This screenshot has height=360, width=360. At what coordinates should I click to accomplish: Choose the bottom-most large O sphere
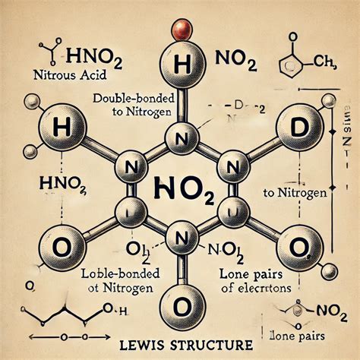pyautogui.click(x=179, y=306)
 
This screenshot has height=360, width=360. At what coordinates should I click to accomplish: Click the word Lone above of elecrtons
pyautogui.click(x=251, y=274)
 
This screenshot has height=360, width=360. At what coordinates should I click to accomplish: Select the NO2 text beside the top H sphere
pyautogui.click(x=240, y=58)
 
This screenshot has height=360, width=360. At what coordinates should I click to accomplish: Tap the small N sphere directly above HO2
pyautogui.click(x=179, y=137)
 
